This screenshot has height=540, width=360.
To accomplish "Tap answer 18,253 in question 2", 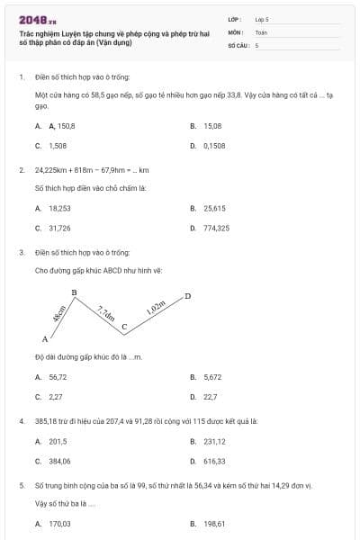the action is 60,208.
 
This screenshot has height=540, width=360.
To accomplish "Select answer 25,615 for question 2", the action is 214,208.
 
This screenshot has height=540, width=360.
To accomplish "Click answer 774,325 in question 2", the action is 216,228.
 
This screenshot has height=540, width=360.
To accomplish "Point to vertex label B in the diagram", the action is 74,292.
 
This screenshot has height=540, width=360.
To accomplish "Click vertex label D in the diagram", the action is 187,295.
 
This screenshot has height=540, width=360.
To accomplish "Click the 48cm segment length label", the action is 58,314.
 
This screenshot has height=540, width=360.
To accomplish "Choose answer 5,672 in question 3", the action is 212,377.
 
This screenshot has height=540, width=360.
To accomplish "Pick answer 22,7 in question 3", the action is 210,396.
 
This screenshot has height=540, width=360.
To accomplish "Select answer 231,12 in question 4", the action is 214,441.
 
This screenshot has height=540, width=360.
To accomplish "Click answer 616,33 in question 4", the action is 214,461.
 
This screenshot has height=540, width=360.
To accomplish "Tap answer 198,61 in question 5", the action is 214,523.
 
